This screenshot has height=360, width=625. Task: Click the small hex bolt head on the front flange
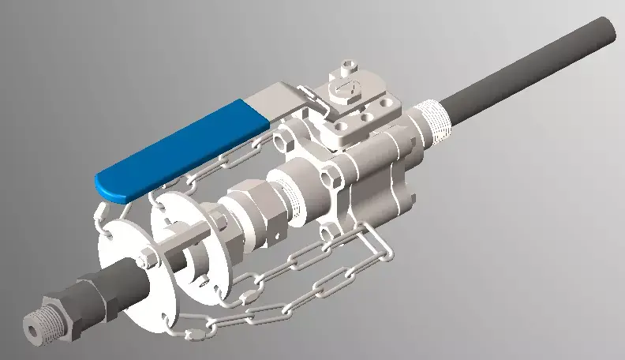point(147,257)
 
